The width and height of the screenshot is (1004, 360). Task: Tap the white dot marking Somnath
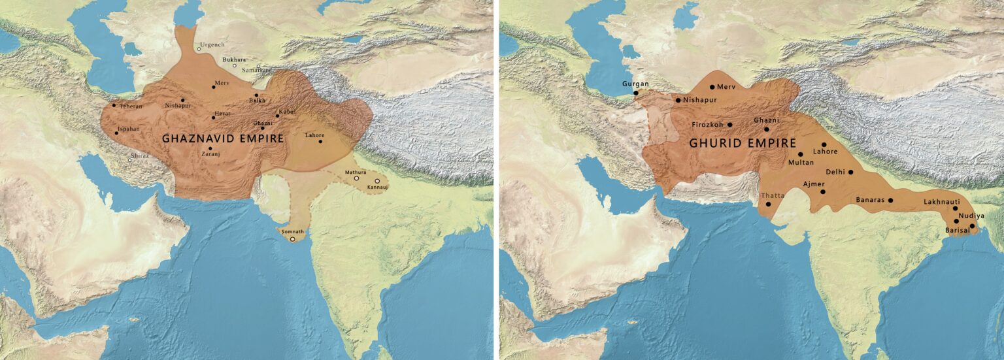tap(293, 239)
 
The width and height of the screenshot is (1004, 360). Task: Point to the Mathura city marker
tap(357, 178)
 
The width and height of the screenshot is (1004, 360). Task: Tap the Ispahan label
tap(128, 129)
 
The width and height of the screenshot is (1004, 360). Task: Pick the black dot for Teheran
tap(114, 105)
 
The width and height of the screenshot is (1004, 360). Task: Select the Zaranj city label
tap(210, 155)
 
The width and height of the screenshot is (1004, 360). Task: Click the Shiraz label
tap(139, 156)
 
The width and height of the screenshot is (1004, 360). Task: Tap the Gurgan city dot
tap(637, 93)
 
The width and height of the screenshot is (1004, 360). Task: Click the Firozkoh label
tap(708, 124)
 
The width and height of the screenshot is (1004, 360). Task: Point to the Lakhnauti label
tap(941, 202)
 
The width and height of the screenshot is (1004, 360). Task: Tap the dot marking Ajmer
tap(823, 191)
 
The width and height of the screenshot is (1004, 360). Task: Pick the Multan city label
tap(801, 162)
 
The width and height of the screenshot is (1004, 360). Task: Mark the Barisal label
tap(958, 231)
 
